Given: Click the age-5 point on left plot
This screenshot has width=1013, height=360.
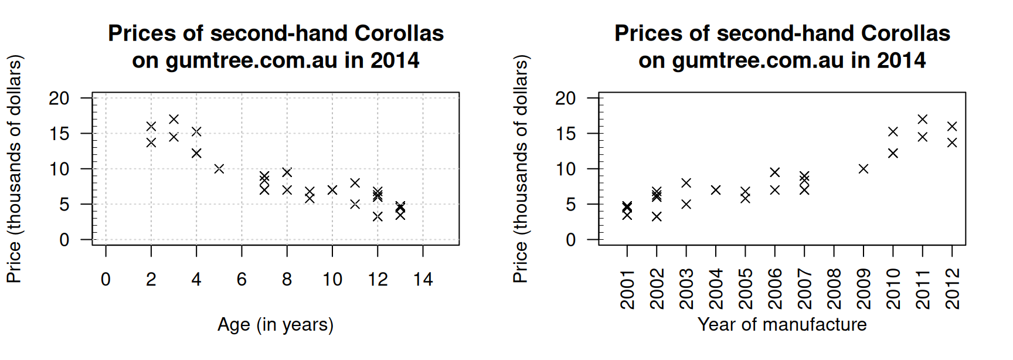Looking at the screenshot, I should pyautogui.click(x=219, y=169).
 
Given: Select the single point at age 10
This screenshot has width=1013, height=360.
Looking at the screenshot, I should pyautogui.click(x=332, y=190).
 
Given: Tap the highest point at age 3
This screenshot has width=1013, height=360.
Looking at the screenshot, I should pyautogui.click(x=174, y=120).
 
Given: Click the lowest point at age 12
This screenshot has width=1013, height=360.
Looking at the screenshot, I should pyautogui.click(x=378, y=216).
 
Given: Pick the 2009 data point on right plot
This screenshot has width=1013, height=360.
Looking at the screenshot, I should pyautogui.click(x=864, y=169).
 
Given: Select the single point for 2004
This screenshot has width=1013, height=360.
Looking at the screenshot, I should pyautogui.click(x=716, y=190).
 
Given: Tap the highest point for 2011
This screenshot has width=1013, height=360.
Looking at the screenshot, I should pyautogui.click(x=923, y=120).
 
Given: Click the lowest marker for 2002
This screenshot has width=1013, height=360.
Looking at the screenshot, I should pyautogui.click(x=657, y=216).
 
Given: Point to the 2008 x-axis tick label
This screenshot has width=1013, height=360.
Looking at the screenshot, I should pyautogui.click(x=834, y=289).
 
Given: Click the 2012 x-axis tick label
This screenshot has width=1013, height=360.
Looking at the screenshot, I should pyautogui.click(x=952, y=289).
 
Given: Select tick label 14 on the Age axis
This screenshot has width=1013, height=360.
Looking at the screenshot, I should pyautogui.click(x=423, y=279).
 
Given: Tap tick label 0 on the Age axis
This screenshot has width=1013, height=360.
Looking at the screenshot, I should pyautogui.click(x=106, y=279).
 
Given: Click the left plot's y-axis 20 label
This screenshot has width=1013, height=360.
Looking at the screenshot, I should pyautogui.click(x=59, y=98).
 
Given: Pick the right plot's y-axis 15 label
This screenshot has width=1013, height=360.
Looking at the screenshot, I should pyautogui.click(x=566, y=134).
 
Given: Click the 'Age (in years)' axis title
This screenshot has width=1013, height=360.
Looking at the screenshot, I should pyautogui.click(x=276, y=324).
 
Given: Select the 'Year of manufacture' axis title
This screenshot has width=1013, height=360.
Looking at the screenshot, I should pyautogui.click(x=782, y=324).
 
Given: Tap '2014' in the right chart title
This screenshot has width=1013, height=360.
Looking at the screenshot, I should pyautogui.click(x=901, y=60).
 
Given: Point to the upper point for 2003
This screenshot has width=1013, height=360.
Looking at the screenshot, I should pyautogui.click(x=686, y=183).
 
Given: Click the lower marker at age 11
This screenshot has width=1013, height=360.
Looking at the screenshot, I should pyautogui.click(x=355, y=204).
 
